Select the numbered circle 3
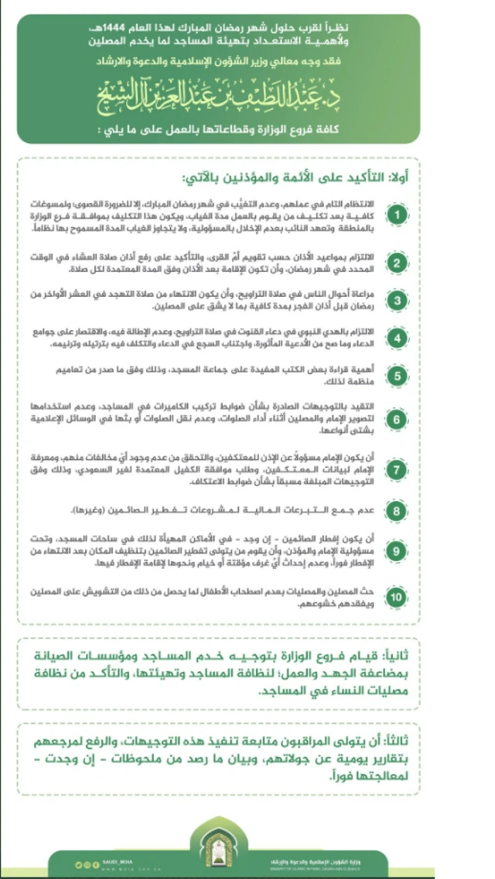point(395,300)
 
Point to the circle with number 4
point(395,339)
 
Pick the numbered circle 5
point(395,376)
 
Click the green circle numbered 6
point(395,419)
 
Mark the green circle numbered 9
point(395,552)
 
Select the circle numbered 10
point(395,597)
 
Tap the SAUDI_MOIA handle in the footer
point(116,860)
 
